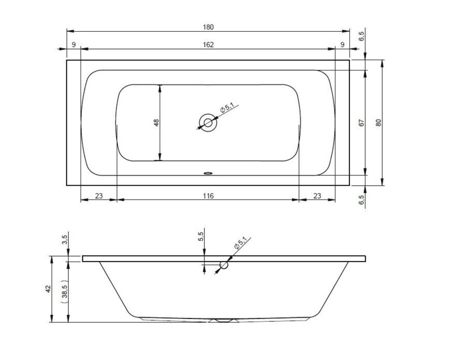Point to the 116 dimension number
pos(208,196)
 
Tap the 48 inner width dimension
pos(156,123)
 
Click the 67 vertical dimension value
pos(361,122)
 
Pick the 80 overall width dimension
pos(379,122)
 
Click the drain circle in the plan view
pos(208,123)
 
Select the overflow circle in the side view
pos(224,265)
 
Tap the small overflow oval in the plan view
pos(208,173)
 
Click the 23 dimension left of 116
pos(98,196)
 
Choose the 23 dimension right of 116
pos(317,196)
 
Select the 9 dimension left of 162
pos(73,45)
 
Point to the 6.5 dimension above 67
pos(361,37)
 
